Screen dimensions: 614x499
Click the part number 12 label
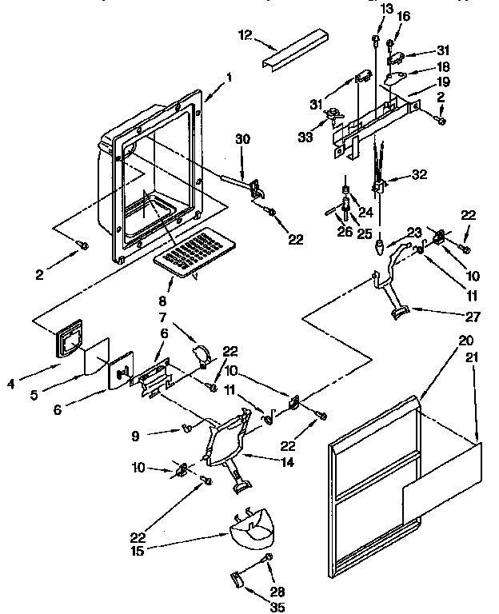[x=245, y=34]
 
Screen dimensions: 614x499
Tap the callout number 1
[x=229, y=78]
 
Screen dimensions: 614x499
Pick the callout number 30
[x=242, y=139]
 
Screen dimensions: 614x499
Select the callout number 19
[x=442, y=82]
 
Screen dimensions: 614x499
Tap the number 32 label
[x=419, y=174]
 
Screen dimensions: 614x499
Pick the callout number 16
[x=403, y=15]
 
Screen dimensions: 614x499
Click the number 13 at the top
[x=388, y=8]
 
